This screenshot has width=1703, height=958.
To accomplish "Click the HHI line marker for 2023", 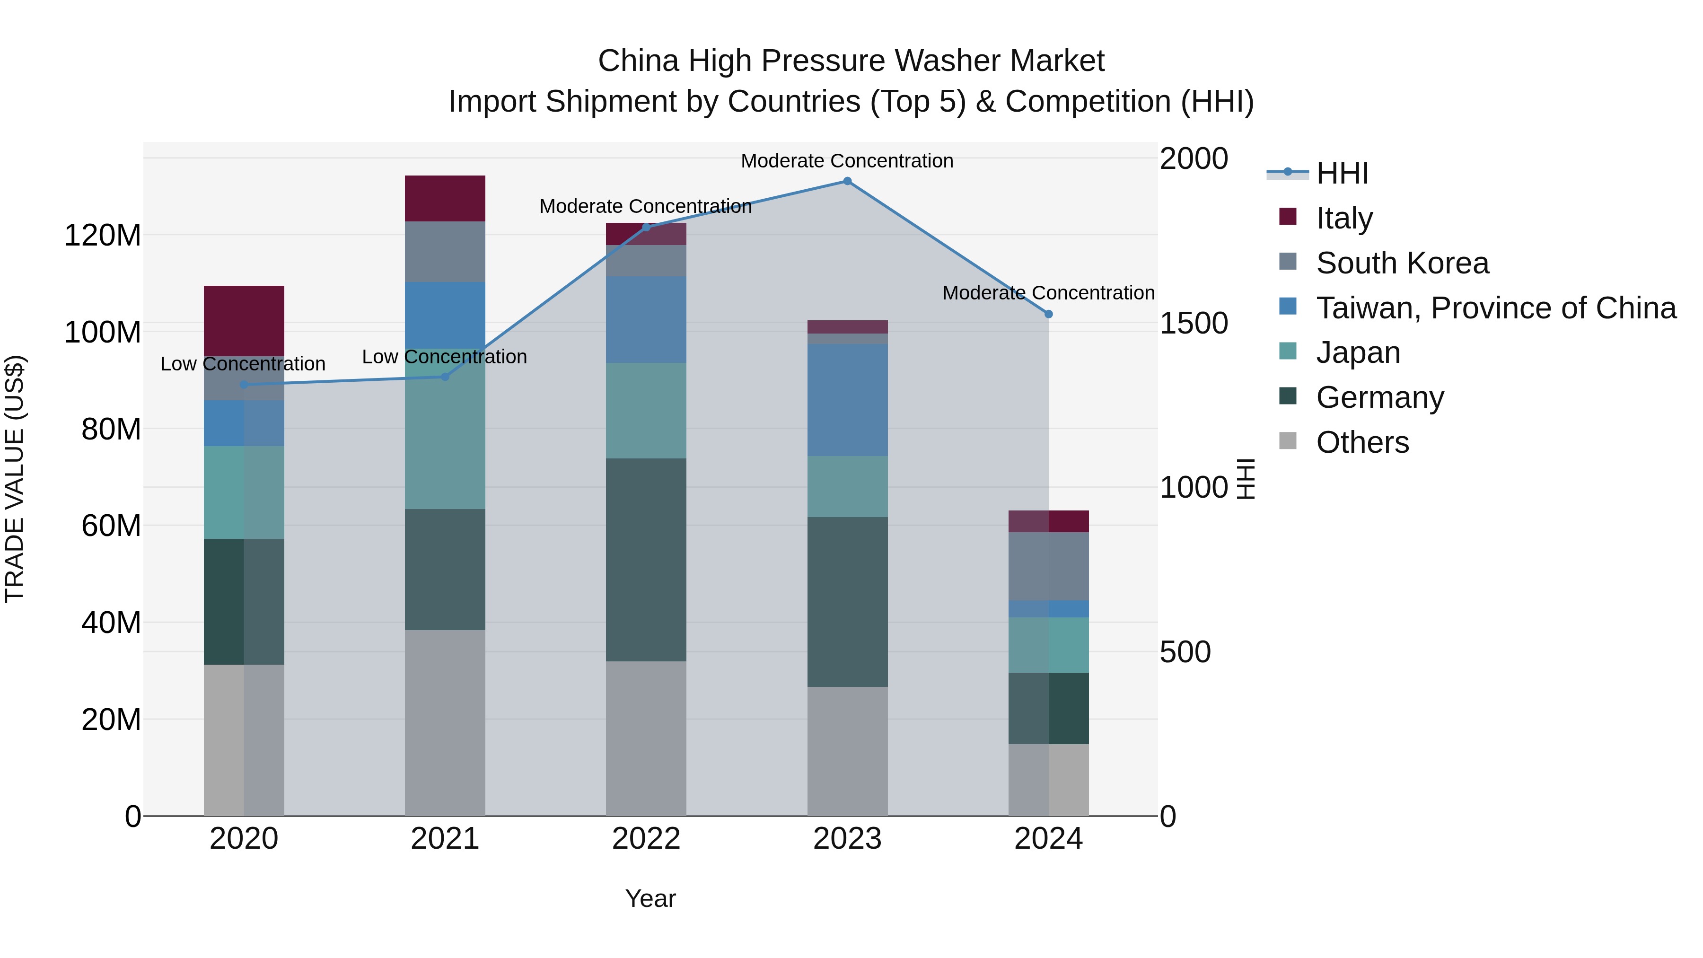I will (x=847, y=181).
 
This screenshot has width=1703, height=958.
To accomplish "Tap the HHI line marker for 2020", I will (x=244, y=385).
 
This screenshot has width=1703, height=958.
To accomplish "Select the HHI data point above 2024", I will (x=1048, y=314).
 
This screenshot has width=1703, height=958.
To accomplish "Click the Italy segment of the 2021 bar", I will (x=445, y=198).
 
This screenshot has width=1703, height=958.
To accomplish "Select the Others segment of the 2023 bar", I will (x=847, y=751).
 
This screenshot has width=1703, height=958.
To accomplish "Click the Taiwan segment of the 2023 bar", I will (x=847, y=399).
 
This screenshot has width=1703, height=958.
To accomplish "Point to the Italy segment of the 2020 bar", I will (x=244, y=321).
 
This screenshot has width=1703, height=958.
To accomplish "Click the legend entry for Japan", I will (x=1358, y=352).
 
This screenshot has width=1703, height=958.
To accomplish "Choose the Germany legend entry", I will (x=1380, y=397).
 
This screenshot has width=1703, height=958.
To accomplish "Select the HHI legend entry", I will (x=1342, y=173).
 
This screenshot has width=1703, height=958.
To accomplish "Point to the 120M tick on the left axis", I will (x=103, y=236).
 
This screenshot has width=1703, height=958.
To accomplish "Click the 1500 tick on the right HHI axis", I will (x=1194, y=323).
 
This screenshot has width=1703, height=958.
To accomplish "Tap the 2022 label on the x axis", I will (x=646, y=839).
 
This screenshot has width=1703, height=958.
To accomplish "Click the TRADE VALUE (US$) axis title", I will (x=15, y=479).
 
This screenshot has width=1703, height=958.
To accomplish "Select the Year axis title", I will (x=650, y=898).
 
